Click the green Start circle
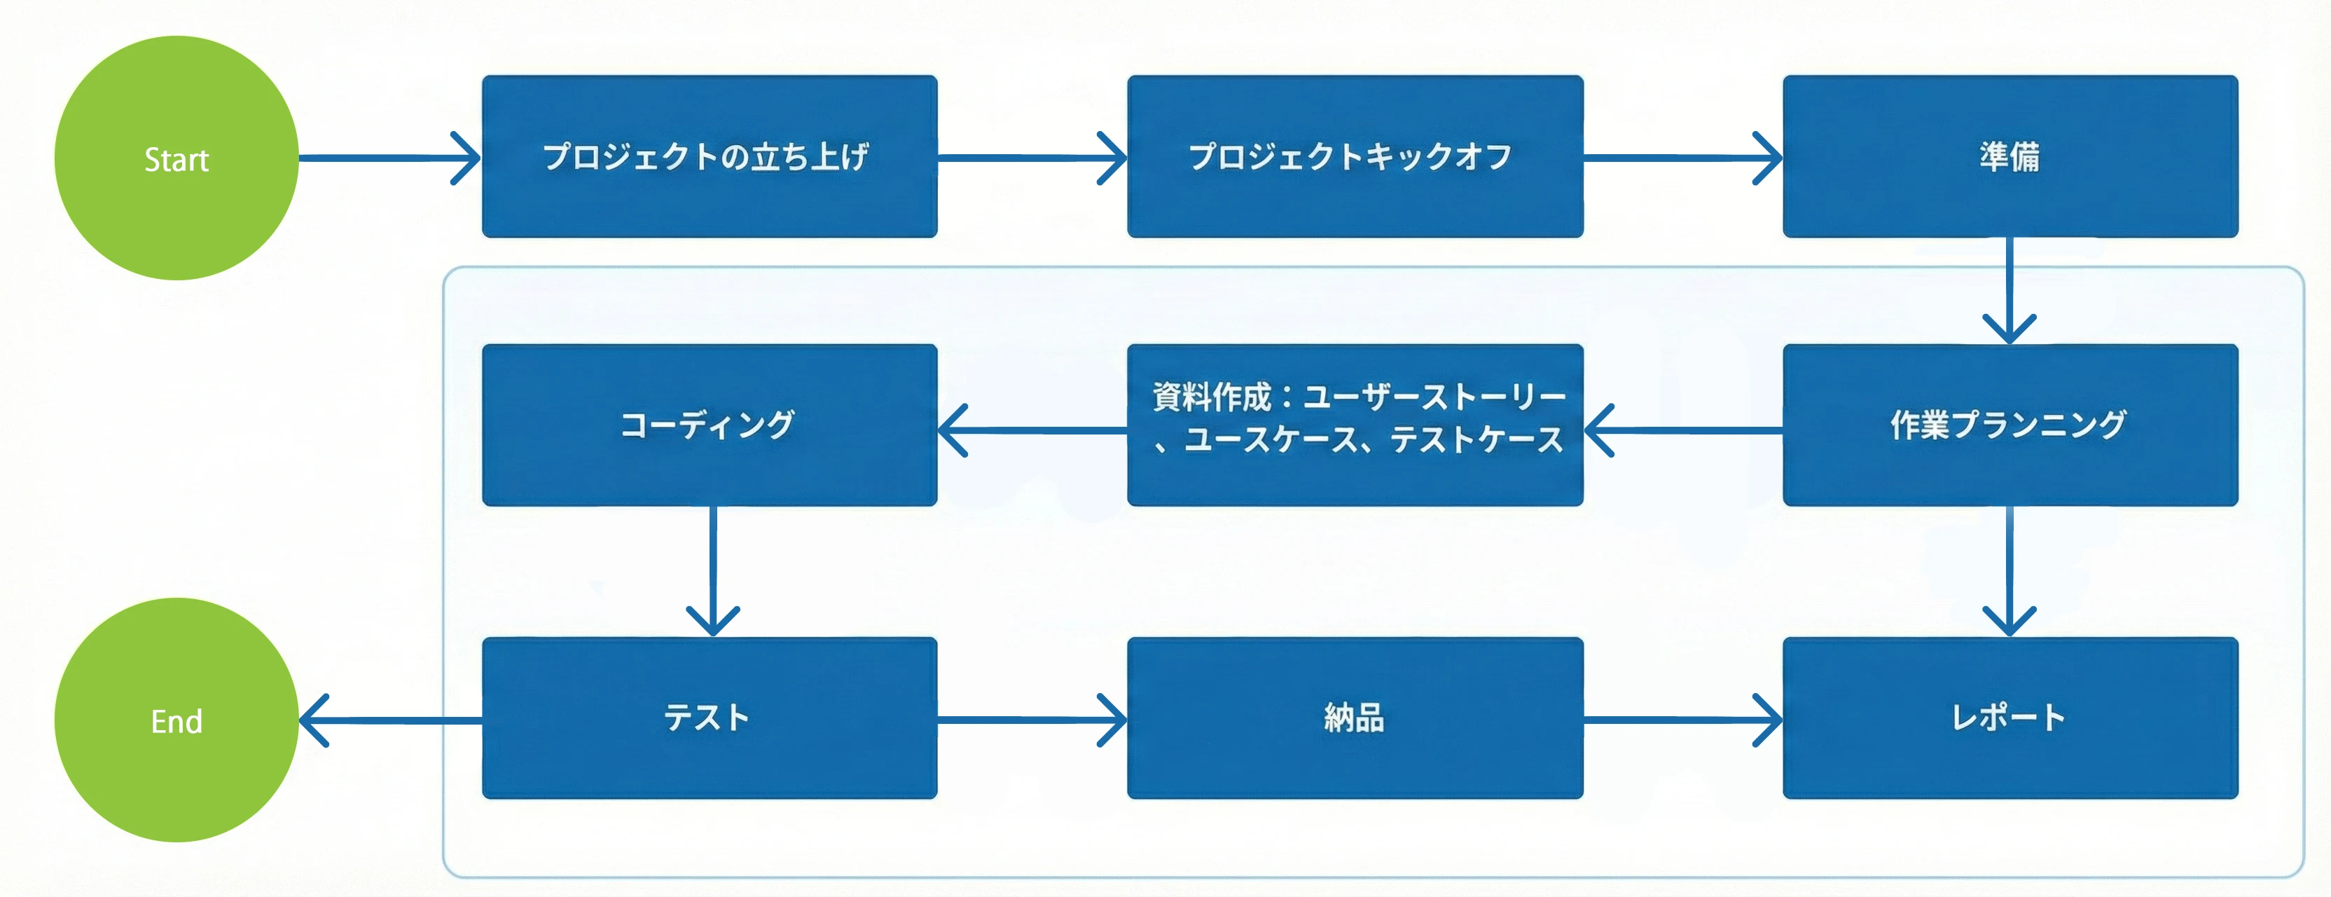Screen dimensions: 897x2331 (x=177, y=158)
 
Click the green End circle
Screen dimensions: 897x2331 (x=177, y=720)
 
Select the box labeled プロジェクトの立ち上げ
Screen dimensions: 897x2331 (x=710, y=156)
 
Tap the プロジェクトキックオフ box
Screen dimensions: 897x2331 (x=1355, y=156)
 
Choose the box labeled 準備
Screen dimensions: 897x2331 (x=2010, y=156)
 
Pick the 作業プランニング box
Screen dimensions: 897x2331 (x=2010, y=425)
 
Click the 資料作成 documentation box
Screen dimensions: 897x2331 (x=1355, y=425)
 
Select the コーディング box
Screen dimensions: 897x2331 (x=710, y=425)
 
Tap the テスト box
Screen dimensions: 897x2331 (x=710, y=718)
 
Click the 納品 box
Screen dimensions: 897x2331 (x=1355, y=718)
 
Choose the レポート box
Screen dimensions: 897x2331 (x=2010, y=718)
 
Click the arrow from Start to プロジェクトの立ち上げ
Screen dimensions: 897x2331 (x=389, y=158)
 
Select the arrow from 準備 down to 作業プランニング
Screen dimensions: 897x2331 (x=2010, y=289)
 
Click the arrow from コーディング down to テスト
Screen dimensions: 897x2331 (x=713, y=570)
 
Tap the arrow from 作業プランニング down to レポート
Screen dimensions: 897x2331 (x=2010, y=570)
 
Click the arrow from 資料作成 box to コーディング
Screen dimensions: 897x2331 (x=1032, y=430)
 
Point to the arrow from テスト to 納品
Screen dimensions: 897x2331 (x=1032, y=720)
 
